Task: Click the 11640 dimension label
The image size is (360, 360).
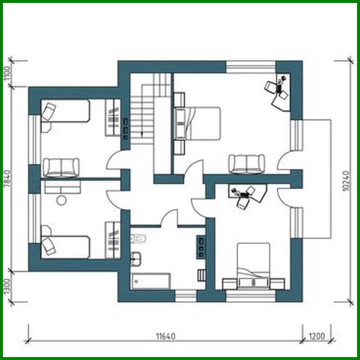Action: point(166,336)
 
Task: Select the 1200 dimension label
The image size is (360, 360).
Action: point(316,336)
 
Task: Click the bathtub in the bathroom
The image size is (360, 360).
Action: point(150,281)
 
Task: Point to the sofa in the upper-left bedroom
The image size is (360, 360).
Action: point(61,167)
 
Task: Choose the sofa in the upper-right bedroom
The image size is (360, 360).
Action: point(247,163)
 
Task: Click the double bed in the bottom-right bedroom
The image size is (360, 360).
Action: point(253,266)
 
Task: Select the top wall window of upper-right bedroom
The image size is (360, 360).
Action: point(250,67)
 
